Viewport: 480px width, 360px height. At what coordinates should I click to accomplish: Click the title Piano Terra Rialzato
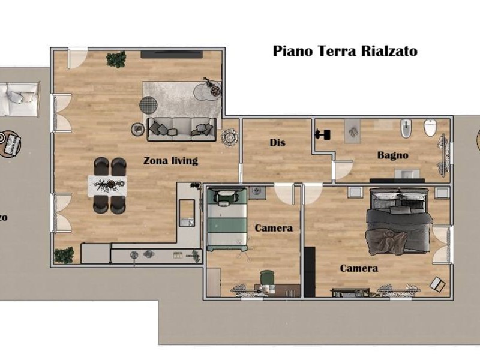point(345,50)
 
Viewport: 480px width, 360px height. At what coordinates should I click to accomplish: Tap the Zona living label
point(170,161)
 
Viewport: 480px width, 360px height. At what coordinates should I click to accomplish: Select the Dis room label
point(277,143)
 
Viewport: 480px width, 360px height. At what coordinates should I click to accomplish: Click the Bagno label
point(392,155)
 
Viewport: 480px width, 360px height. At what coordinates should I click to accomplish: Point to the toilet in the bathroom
point(430,127)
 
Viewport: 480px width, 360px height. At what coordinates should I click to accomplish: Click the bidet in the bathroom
point(406,128)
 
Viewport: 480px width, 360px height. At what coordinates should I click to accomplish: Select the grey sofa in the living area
point(181,128)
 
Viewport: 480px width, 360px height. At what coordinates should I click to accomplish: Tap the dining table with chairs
point(109,185)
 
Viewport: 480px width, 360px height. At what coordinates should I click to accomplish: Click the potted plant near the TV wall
point(116,59)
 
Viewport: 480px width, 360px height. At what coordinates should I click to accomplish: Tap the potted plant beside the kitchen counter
point(63,255)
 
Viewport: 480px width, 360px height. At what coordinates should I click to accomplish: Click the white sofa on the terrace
point(18,98)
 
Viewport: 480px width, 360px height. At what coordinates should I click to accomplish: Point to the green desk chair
point(266,278)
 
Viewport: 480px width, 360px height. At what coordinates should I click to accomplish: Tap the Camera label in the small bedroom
point(274,228)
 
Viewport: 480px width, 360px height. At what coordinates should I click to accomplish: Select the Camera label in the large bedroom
point(359,268)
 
